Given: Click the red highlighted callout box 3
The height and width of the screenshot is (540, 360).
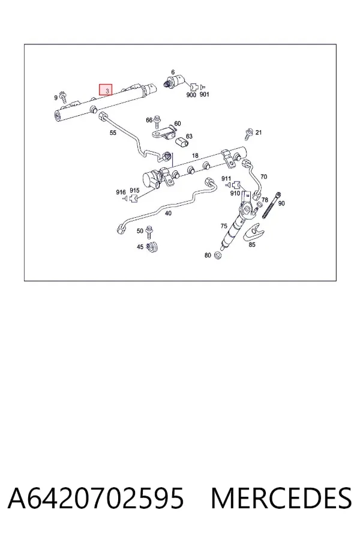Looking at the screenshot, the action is point(106,89).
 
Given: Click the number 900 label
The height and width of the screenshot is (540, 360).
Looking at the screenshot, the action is point(191,95).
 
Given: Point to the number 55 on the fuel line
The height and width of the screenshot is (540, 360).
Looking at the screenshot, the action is point(113,133).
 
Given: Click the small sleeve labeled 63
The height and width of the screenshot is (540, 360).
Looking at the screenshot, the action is point(182,142).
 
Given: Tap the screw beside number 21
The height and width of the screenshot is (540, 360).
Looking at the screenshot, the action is point(249,134).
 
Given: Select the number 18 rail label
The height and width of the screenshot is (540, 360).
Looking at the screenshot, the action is point(195,155).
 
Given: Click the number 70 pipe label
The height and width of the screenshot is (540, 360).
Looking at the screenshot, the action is point(263,176).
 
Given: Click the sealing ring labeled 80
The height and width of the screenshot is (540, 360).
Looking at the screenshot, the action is point(217,256).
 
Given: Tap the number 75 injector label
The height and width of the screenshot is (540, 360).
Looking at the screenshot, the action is point(224,226).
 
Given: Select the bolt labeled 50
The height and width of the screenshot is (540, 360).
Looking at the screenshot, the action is point(149,232).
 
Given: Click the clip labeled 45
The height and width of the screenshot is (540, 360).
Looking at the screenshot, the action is point(152,247).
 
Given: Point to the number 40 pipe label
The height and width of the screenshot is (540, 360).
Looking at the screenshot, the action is point(168,213).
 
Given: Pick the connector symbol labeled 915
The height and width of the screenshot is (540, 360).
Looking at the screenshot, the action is point(134,198).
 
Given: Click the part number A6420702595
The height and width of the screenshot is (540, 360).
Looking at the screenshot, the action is point(95,498).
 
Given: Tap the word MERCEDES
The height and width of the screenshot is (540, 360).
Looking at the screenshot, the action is point(281,498).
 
